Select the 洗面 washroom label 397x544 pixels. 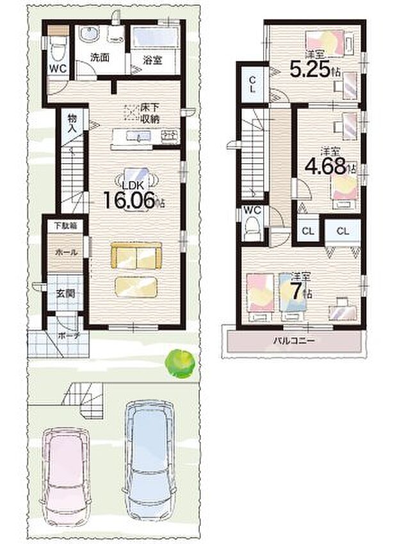pos(99,57)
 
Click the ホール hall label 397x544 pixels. pos(65,252)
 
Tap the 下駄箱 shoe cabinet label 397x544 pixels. pos(65,226)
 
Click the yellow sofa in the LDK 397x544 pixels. pos(136,257)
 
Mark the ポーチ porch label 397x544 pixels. pos(68,335)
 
